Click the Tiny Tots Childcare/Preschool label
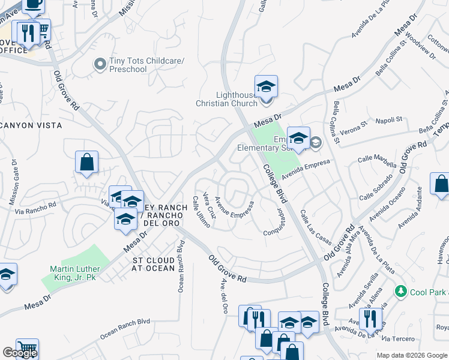coord(128,65)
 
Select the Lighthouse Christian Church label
coord(226,99)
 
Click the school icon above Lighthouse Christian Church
coord(266,86)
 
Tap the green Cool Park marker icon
coord(401,292)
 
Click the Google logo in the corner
coord(20,353)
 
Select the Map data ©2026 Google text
coord(412,355)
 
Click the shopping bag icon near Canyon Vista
coord(87,162)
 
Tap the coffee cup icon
coord(33,5)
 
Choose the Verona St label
coord(353,127)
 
